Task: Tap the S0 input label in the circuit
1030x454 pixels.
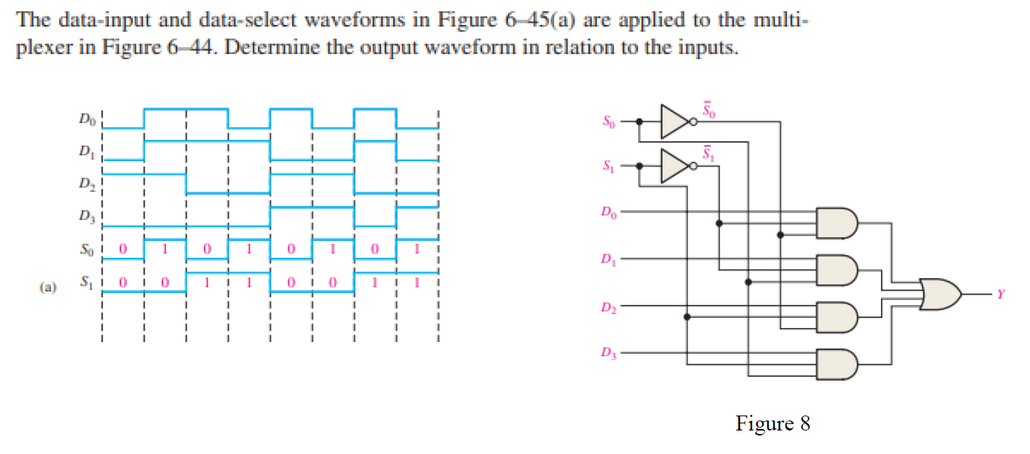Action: [x=608, y=122]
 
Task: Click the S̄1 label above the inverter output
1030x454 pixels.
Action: [x=707, y=152]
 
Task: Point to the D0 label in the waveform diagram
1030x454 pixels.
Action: [x=85, y=118]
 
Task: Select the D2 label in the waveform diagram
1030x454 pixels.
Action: [x=85, y=184]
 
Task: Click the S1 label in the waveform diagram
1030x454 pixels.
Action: [x=85, y=283]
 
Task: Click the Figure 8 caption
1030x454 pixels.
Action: [x=773, y=424]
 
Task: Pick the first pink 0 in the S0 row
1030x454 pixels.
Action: [x=123, y=251]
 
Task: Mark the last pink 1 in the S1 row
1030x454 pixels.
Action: [x=417, y=283]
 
